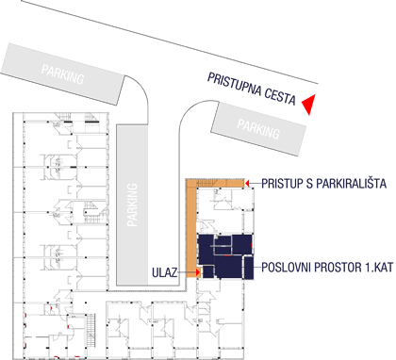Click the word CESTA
tap(280, 97)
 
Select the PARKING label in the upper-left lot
tap(62, 74)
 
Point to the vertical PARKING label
tap(132, 205)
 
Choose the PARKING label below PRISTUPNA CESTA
tap(258, 128)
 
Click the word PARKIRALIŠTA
tap(351, 184)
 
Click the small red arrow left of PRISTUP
tap(247, 183)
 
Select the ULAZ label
tap(165, 272)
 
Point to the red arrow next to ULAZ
tap(198, 272)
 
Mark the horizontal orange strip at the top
tap(215, 183)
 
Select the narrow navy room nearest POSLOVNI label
tap(249, 268)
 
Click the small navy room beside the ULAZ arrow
tap(207, 272)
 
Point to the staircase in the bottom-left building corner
tap(91, 331)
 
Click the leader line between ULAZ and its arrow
tap(187, 272)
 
